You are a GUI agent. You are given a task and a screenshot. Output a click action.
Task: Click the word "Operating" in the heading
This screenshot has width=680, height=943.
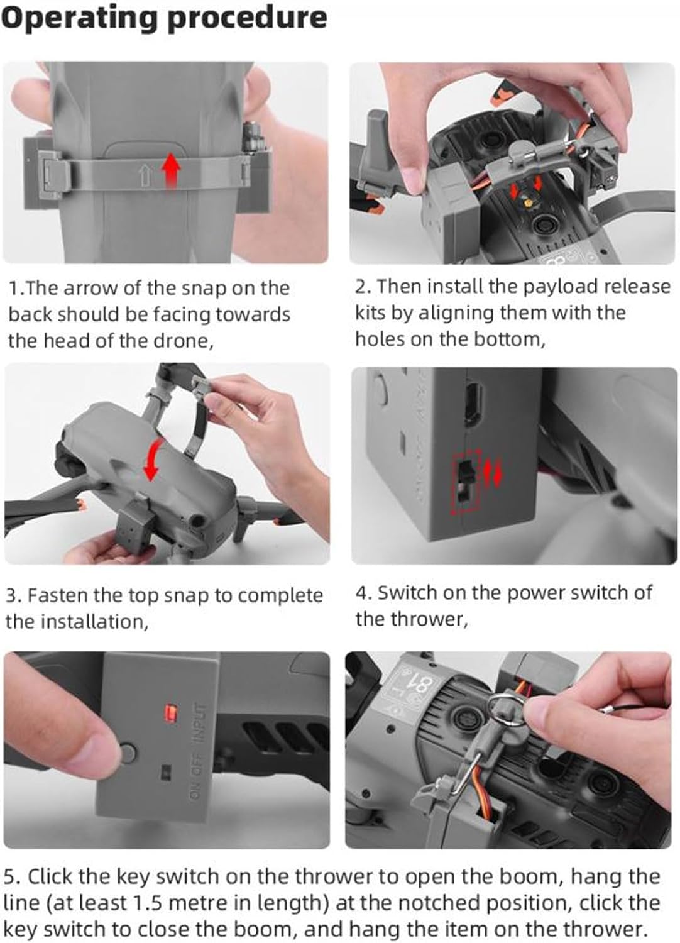79,18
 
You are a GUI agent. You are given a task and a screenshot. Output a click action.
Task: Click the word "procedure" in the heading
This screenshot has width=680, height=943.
247,18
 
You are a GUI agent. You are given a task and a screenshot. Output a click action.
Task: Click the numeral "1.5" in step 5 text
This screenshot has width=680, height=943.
148,902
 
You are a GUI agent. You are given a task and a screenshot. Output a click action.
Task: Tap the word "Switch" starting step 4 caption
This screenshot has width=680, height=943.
407,593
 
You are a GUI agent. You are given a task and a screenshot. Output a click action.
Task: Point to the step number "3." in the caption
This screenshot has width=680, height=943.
14,596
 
